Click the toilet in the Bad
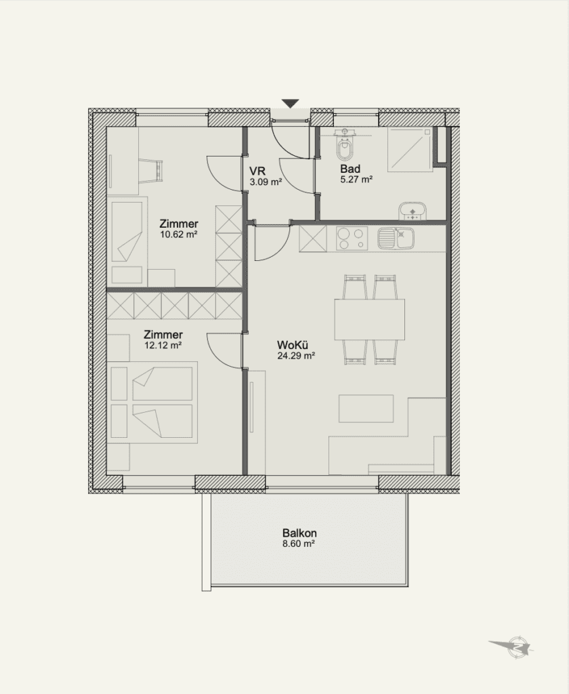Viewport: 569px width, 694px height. pyautogui.click(x=345, y=146)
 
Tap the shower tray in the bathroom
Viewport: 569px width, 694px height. pyautogui.click(x=410, y=150)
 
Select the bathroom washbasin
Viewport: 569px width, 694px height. pyautogui.click(x=413, y=211)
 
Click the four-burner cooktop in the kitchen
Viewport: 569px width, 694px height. pyautogui.click(x=352, y=239)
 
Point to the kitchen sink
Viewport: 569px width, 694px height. pyautogui.click(x=396, y=238)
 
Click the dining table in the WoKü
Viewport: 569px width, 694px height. pyautogui.click(x=369, y=320)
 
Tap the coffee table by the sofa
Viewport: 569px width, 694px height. pyautogui.click(x=366, y=409)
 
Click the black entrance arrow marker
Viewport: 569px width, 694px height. pyautogui.click(x=290, y=104)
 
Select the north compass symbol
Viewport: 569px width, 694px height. pyautogui.click(x=515, y=647)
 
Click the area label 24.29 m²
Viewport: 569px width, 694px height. pyautogui.click(x=296, y=355)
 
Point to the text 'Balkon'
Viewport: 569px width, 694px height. pyautogui.click(x=299, y=533)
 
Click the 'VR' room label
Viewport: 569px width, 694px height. pyautogui.click(x=257, y=171)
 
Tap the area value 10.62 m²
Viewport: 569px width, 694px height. pyautogui.click(x=179, y=234)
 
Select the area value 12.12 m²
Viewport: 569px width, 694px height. pyautogui.click(x=163, y=345)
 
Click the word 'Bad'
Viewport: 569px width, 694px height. pyautogui.click(x=350, y=169)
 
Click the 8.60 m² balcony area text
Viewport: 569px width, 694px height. pyautogui.click(x=299, y=544)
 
